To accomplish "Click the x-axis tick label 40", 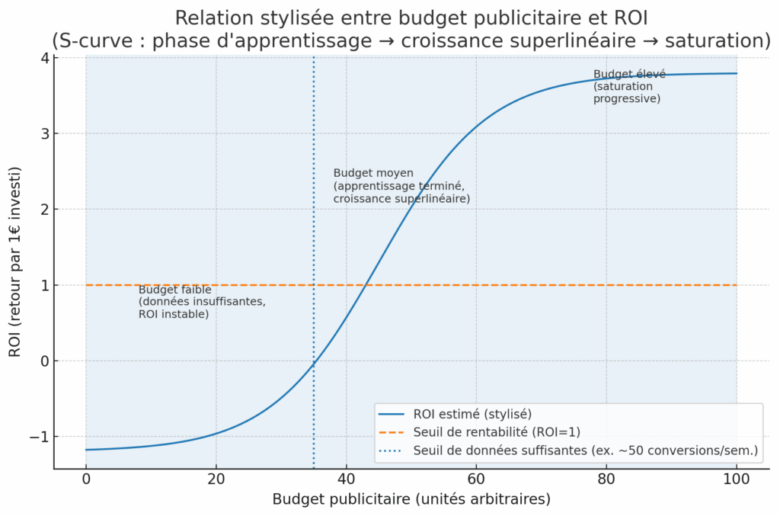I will pyautogui.click(x=346, y=480).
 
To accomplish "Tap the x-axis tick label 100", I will pyautogui.click(x=737, y=480).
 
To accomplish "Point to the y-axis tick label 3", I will pyautogui.click(x=44, y=134).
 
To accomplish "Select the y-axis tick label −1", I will pyautogui.click(x=40, y=437).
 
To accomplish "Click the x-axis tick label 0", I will pyautogui.click(x=86, y=480).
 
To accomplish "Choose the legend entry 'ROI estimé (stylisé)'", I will pyautogui.click(x=472, y=414).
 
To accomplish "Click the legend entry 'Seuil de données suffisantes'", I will pyautogui.click(x=585, y=450).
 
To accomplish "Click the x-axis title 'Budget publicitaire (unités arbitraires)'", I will pyautogui.click(x=411, y=500).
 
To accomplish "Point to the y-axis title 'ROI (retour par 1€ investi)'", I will pyautogui.click(x=14, y=263).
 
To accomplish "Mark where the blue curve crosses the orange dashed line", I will pyautogui.click(x=366, y=285).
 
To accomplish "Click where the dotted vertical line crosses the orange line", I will pyautogui.click(x=313, y=285).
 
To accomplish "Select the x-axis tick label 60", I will pyautogui.click(x=476, y=480).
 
